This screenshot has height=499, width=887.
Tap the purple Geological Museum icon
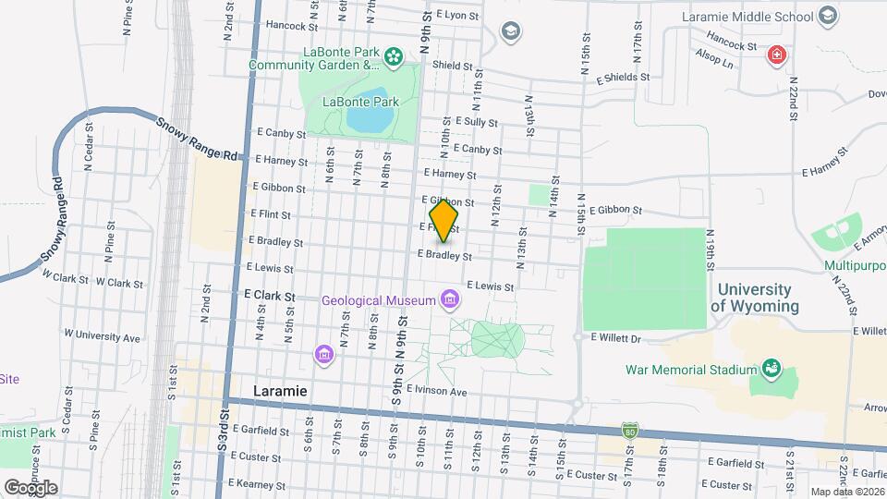[x=450, y=299]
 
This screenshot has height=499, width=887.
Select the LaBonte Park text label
[x=359, y=101]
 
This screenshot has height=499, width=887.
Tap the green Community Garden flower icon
[x=395, y=57]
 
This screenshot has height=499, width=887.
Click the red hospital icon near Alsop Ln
[x=778, y=56]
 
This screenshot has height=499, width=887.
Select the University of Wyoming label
[x=755, y=298]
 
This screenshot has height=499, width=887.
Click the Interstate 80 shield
[x=629, y=432]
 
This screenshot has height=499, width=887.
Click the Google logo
[x=30, y=487]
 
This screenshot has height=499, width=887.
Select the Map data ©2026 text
[x=846, y=492]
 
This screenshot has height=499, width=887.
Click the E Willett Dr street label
[x=615, y=339]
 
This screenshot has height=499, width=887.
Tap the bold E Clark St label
[x=270, y=296]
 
